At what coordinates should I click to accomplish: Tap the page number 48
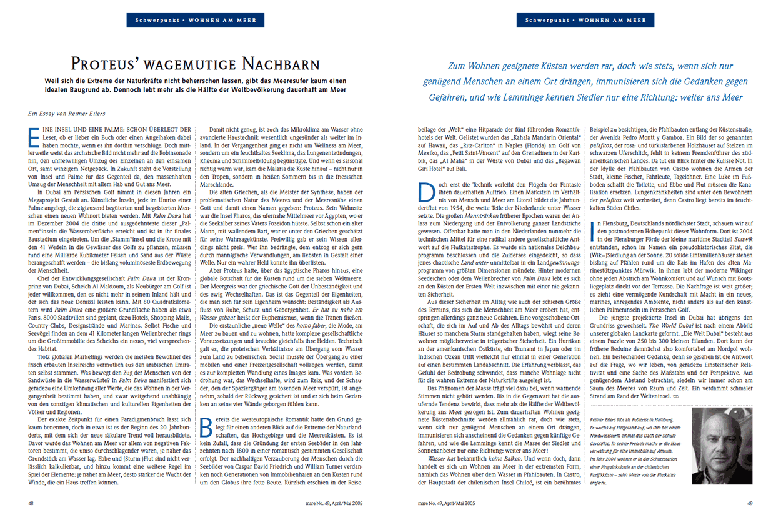point(31,503)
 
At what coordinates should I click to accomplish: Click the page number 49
point(750,503)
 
